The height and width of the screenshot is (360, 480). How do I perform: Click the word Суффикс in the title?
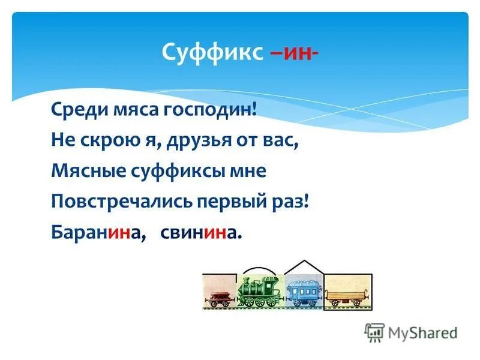pyautogui.click(x=211, y=52)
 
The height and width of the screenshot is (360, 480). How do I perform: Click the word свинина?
pyautogui.click(x=200, y=232)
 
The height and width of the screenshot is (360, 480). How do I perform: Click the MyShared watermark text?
pyautogui.click(x=422, y=332)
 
